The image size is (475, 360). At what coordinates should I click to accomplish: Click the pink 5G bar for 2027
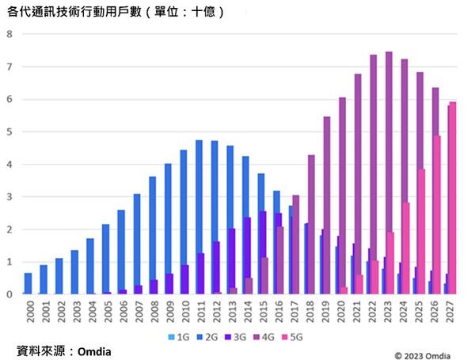click(x=452, y=198)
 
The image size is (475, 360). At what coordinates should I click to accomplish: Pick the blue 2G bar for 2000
click(x=28, y=283)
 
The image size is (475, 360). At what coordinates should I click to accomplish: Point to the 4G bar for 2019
click(x=327, y=206)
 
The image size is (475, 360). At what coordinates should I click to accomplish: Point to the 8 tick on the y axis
click(x=9, y=34)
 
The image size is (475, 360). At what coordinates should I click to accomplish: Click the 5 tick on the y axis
click(x=9, y=132)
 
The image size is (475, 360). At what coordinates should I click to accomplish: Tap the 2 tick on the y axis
click(x=9, y=229)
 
